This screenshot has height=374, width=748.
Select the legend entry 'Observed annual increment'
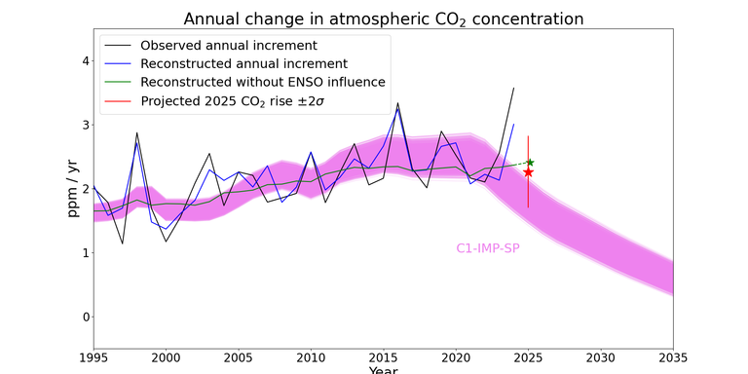[x=229, y=46]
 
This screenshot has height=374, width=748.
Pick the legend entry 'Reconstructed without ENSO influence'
[x=262, y=82]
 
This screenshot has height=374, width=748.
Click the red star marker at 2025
[x=528, y=171]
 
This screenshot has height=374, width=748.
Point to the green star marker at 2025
[x=529, y=163]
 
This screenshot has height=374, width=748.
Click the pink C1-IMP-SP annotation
[x=488, y=248]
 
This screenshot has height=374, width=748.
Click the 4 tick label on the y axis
[x=85, y=61]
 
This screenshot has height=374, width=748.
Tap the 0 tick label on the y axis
[x=85, y=318]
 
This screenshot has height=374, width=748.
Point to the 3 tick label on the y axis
[x=85, y=126]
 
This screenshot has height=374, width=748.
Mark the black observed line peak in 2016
[x=397, y=102]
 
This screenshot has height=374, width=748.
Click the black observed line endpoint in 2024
[x=513, y=88]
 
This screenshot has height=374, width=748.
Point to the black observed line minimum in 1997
[x=122, y=243]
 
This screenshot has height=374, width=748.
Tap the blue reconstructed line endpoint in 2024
[x=513, y=124]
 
